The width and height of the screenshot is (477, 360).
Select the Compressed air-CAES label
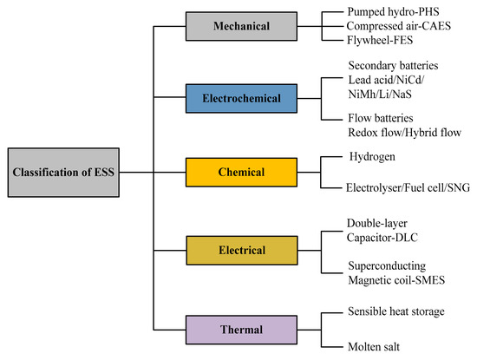tap(402, 27)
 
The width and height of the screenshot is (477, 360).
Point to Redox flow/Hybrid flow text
tap(403, 132)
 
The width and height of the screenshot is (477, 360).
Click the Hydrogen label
tap(372, 158)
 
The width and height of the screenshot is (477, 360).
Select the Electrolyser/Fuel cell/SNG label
tap(407, 186)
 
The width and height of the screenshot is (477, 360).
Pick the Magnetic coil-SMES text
tap(395, 277)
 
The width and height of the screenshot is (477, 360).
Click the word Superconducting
tap(388, 263)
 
